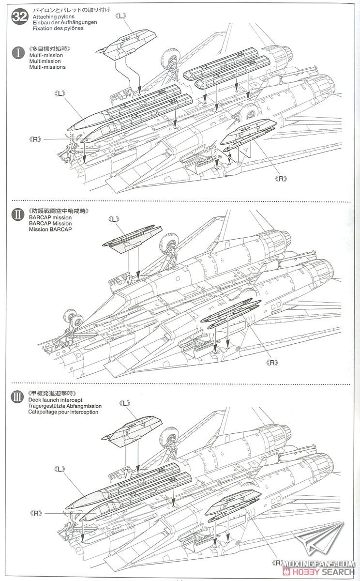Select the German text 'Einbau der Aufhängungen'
coord(65,22)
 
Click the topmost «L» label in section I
coord(120,16)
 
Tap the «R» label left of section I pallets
coord(35,139)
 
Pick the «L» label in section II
coord(114,219)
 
